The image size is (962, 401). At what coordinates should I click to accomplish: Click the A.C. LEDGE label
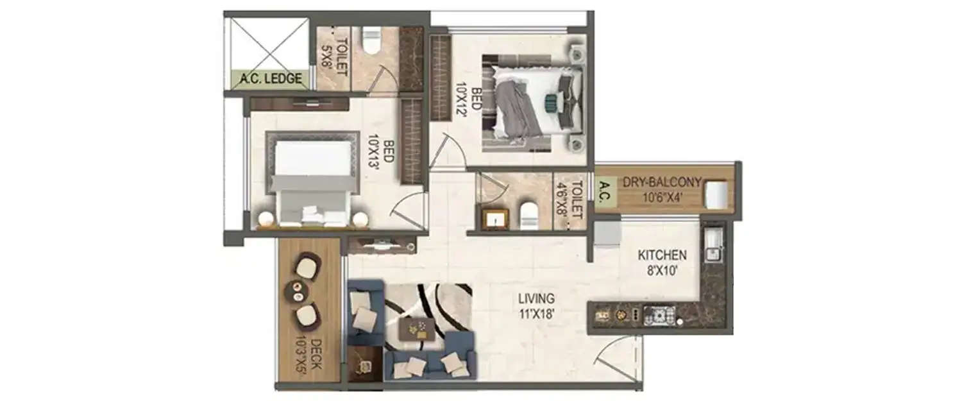(271, 80)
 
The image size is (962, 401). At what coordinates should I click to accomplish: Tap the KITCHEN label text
(662, 255)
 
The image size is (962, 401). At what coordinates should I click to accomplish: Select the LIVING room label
(537, 298)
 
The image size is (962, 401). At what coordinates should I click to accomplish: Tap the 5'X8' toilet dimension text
(325, 57)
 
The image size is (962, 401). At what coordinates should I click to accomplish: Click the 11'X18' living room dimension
(537, 314)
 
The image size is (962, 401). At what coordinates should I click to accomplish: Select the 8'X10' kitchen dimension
(662, 270)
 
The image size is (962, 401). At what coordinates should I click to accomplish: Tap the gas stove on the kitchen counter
(659, 315)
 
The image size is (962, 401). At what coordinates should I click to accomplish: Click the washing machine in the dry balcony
(716, 194)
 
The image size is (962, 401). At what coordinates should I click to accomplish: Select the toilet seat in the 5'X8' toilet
(371, 40)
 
